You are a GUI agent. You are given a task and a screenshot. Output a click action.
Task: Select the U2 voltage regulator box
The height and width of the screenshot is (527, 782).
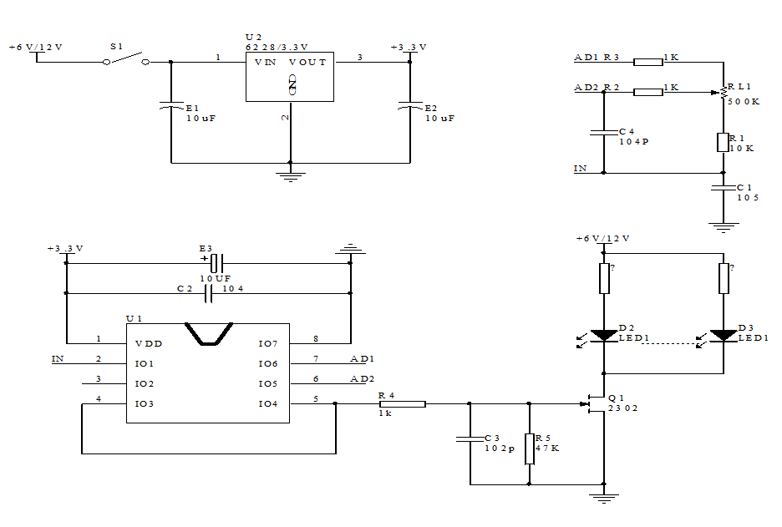pos(289,77)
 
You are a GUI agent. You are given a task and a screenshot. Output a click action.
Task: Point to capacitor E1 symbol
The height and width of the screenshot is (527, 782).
pos(171,106)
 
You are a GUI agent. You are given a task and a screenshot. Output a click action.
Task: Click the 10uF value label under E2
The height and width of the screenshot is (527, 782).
pos(440,119)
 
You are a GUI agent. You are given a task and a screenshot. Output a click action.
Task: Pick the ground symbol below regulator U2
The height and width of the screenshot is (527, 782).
pos(290,175)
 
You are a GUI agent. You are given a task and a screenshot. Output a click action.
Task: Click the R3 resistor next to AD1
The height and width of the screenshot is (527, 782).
pos(648,61)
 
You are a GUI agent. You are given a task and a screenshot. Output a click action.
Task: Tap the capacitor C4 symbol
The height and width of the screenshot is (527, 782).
pos(603,131)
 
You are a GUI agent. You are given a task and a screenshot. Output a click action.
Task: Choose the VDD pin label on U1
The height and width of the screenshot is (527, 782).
pos(149,343)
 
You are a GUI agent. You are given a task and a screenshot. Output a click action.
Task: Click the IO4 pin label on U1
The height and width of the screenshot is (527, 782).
pos(267,404)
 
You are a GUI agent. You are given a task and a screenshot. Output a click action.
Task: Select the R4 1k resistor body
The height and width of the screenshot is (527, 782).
pos(402,404)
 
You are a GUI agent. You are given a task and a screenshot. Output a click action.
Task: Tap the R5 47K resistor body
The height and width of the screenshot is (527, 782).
pos(529,448)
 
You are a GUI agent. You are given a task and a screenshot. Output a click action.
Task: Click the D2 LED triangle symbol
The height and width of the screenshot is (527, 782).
pos(603,336)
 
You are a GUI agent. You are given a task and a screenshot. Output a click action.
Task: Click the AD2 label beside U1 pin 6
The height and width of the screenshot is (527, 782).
pos(362,378)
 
